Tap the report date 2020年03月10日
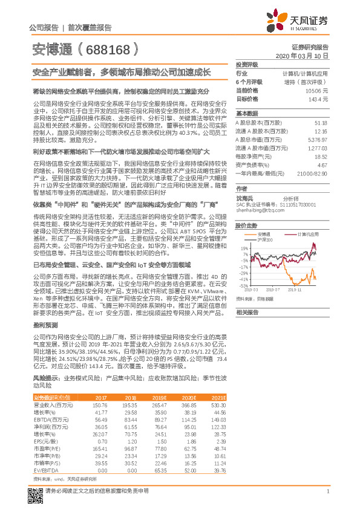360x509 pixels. (306, 56)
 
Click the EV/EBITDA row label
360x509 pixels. (46, 470)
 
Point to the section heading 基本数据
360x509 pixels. (246, 114)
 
